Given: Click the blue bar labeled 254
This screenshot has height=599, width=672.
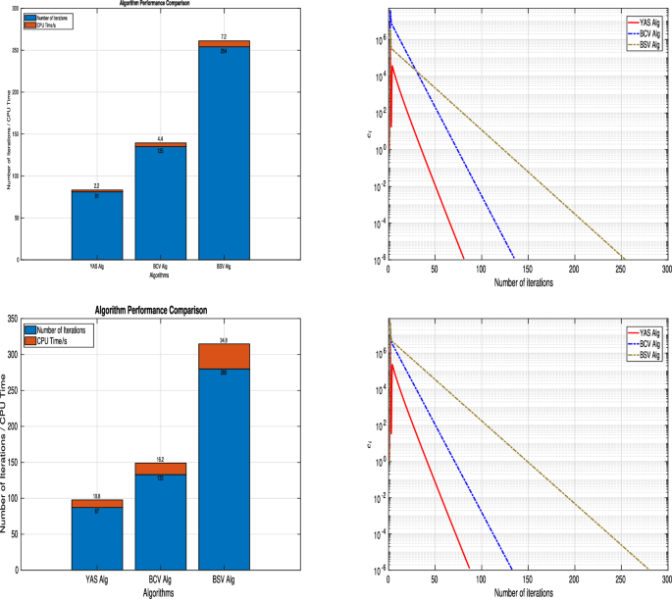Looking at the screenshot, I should point(224,157).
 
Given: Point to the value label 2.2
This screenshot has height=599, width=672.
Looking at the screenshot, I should point(97,185).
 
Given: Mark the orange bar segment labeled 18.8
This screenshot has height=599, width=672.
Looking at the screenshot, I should point(97,503).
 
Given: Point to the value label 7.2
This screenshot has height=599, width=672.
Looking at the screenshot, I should point(224,35).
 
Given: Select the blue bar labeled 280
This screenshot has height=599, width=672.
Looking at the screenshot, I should point(224,471).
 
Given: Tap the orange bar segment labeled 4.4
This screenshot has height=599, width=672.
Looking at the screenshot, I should point(160,144).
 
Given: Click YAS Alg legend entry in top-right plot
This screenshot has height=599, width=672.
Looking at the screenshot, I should point(643,20).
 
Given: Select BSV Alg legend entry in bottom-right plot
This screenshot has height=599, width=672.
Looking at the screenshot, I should point(643,353).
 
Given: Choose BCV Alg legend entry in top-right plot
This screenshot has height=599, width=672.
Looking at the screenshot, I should point(643,31).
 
